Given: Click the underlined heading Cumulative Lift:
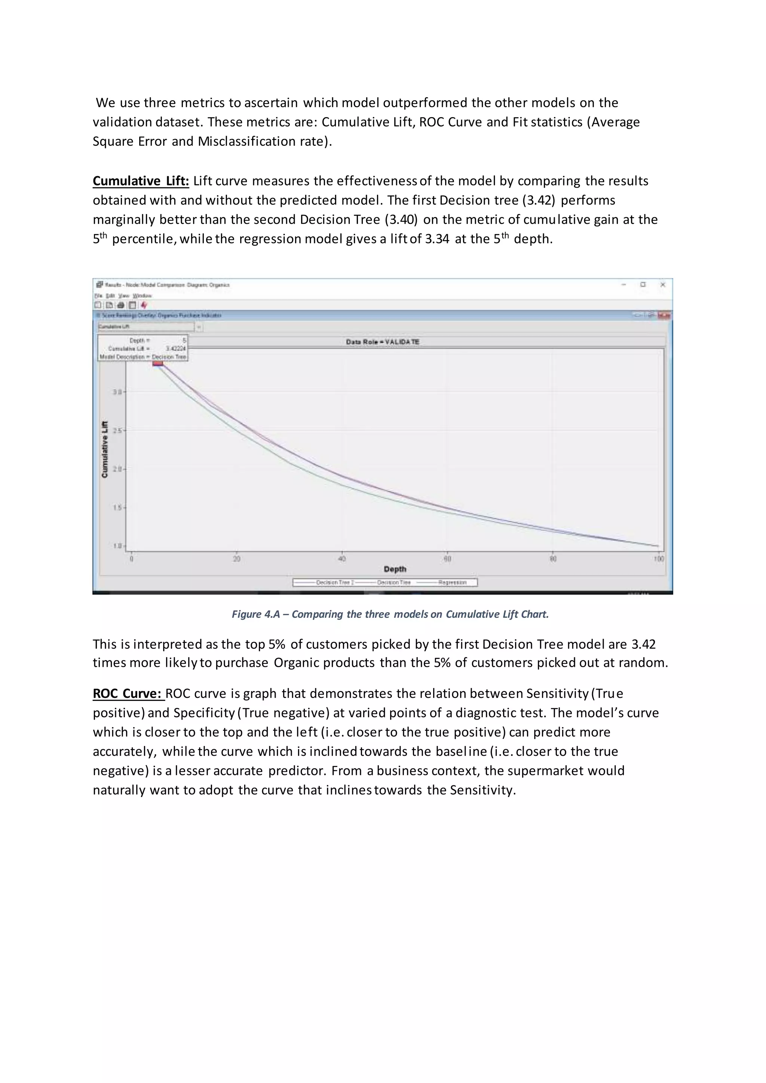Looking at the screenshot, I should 141,181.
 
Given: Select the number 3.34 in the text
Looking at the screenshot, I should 437,239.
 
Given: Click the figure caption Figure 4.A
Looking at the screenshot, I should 390,614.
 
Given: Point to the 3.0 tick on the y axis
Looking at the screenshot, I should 117,392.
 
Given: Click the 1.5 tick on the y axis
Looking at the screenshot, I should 117,507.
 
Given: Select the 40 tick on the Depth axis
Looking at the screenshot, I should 342,559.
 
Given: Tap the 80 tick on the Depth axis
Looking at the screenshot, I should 553,559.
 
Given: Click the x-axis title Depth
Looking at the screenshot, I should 395,569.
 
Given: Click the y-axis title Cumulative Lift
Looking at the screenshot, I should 105,449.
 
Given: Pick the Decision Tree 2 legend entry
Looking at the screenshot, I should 334,583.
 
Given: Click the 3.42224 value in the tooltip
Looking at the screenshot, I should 175,349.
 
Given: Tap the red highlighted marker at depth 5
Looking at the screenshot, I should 157,363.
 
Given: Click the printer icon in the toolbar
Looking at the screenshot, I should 120,305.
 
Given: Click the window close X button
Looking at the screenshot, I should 662,285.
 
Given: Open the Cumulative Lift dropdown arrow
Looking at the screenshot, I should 199,326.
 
